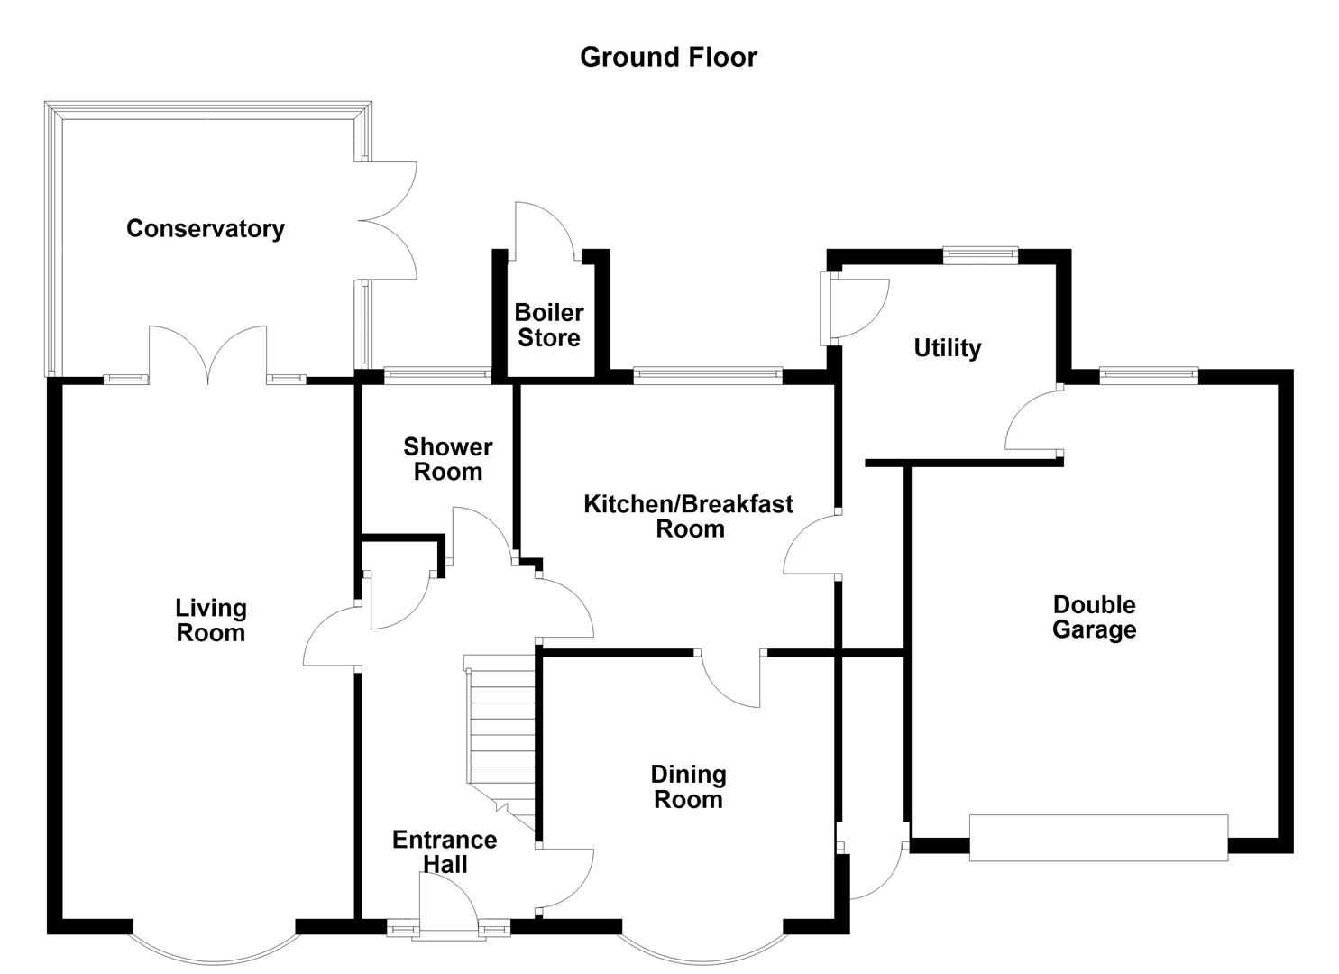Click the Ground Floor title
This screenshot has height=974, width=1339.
(x=668, y=57)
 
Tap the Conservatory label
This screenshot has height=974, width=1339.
(x=205, y=228)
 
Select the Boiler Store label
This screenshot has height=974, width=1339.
(x=548, y=326)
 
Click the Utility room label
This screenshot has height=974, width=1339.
(x=947, y=348)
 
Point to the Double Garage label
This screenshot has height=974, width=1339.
(x=1094, y=617)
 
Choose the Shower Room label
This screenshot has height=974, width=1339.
(x=447, y=459)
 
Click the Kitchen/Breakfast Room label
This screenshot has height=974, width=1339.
(x=688, y=516)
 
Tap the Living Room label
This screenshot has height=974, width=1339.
(x=210, y=620)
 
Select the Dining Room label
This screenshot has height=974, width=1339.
(x=688, y=786)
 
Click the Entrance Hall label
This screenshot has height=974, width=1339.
(x=445, y=852)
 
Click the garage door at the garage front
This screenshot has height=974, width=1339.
(x=1098, y=838)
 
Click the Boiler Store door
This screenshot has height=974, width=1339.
(x=545, y=231)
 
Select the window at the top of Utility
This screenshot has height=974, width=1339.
(x=980, y=255)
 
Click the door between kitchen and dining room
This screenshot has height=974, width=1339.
(x=730, y=678)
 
